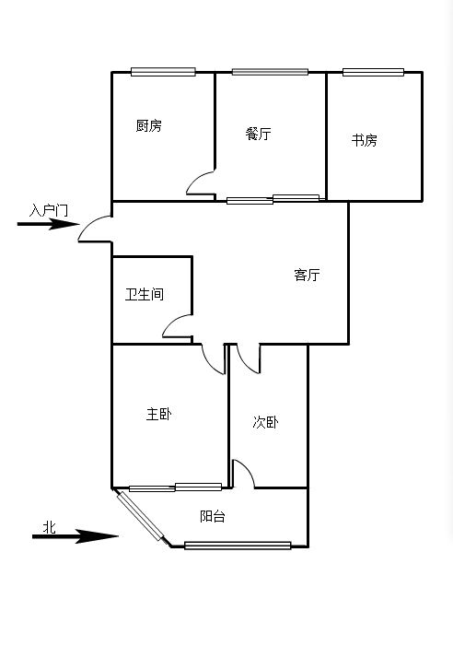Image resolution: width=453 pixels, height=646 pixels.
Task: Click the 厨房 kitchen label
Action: [x=148, y=125]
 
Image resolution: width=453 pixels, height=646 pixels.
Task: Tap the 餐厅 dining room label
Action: [x=258, y=134]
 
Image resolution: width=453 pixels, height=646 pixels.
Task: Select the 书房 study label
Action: [x=364, y=140]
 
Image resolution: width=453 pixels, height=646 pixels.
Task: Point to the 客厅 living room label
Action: [x=307, y=275]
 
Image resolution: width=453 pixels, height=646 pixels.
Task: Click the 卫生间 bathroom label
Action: [x=145, y=294]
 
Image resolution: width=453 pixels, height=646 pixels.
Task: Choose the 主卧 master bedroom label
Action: [x=158, y=414]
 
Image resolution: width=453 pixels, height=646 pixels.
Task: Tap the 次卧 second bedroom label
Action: [x=265, y=422]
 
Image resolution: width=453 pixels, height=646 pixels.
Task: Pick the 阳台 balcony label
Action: [x=213, y=516]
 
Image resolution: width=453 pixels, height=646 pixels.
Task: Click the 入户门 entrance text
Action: [x=49, y=210]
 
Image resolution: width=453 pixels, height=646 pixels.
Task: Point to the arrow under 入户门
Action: [x=48, y=224]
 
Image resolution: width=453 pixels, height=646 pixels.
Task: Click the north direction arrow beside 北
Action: [x=75, y=536]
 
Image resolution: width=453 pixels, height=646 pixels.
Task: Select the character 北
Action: [x=50, y=527]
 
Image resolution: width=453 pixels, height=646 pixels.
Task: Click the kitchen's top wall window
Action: [x=163, y=72]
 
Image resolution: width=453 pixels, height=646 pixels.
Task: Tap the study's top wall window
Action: [x=373, y=72]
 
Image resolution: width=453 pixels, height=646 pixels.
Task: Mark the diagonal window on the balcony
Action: [x=140, y=516]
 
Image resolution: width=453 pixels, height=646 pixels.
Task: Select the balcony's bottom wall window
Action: [x=238, y=546]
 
